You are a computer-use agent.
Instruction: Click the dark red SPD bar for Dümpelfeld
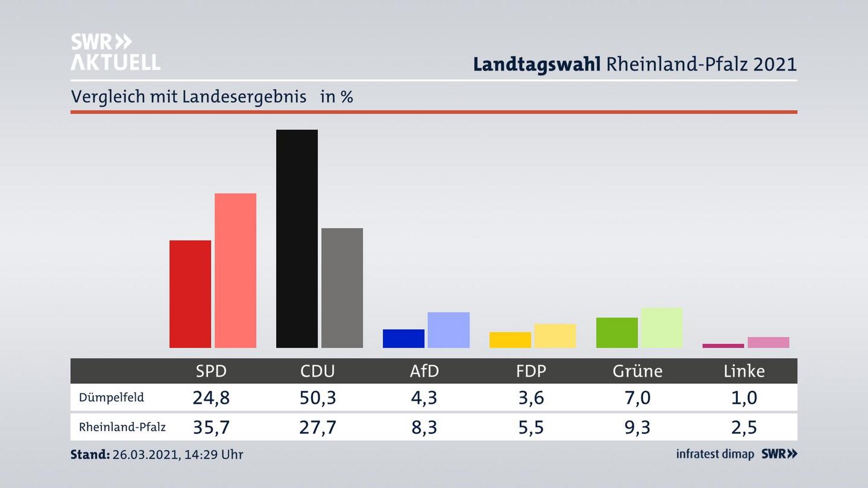[x=190, y=294]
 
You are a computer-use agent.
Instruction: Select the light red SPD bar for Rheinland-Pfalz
[x=235, y=271]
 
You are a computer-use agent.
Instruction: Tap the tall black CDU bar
[x=297, y=239]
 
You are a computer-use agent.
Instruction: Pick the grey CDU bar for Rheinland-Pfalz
[x=342, y=288]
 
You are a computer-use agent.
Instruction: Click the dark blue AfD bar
[x=403, y=339]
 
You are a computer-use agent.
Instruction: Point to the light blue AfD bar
[x=448, y=330]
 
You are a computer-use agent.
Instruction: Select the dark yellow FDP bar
[x=510, y=340]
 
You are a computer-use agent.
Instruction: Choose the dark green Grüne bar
[x=617, y=333]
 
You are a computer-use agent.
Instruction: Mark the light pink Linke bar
[x=768, y=342]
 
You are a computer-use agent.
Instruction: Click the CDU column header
[x=318, y=371]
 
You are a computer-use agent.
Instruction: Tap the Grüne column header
[x=637, y=371]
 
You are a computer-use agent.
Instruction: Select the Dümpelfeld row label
[x=112, y=398]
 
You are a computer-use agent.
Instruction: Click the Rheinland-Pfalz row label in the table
[x=122, y=427]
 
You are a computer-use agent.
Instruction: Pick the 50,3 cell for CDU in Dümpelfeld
[x=318, y=398]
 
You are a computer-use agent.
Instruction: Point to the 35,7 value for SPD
[x=211, y=427]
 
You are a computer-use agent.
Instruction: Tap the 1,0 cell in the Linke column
[x=744, y=398]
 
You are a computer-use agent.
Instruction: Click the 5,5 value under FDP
[x=530, y=427]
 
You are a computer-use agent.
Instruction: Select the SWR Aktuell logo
[x=115, y=52]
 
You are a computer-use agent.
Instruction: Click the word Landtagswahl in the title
[x=536, y=64]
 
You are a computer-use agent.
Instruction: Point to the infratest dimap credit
[x=715, y=454]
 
